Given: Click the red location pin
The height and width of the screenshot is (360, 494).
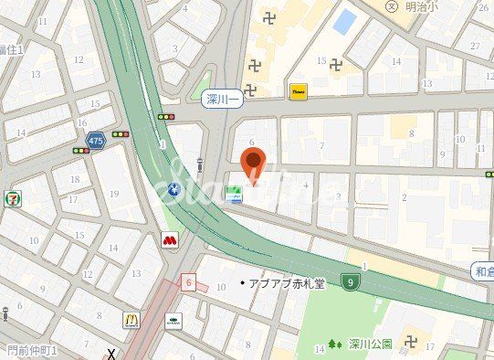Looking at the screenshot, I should (255, 163).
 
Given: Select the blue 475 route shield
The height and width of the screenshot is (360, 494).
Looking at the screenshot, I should (95, 141).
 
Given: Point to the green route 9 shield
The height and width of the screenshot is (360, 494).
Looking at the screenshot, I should (350, 281).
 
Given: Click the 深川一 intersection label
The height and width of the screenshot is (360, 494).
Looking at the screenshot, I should (222, 97).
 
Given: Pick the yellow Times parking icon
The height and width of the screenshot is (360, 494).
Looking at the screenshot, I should (298, 91).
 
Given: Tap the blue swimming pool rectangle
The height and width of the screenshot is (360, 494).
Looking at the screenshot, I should (344, 21).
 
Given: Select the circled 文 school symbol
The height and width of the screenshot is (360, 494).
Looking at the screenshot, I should (392, 6).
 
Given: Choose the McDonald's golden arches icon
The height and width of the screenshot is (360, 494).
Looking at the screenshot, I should (131, 320).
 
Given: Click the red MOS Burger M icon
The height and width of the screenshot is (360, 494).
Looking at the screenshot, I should (169, 240).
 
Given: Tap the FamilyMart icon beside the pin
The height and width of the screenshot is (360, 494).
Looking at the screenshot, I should (234, 193).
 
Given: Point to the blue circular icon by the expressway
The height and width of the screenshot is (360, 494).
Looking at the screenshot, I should (174, 190).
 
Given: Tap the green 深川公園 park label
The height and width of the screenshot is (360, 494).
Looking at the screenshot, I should (370, 344).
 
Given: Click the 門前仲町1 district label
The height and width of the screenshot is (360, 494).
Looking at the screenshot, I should (32, 350).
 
